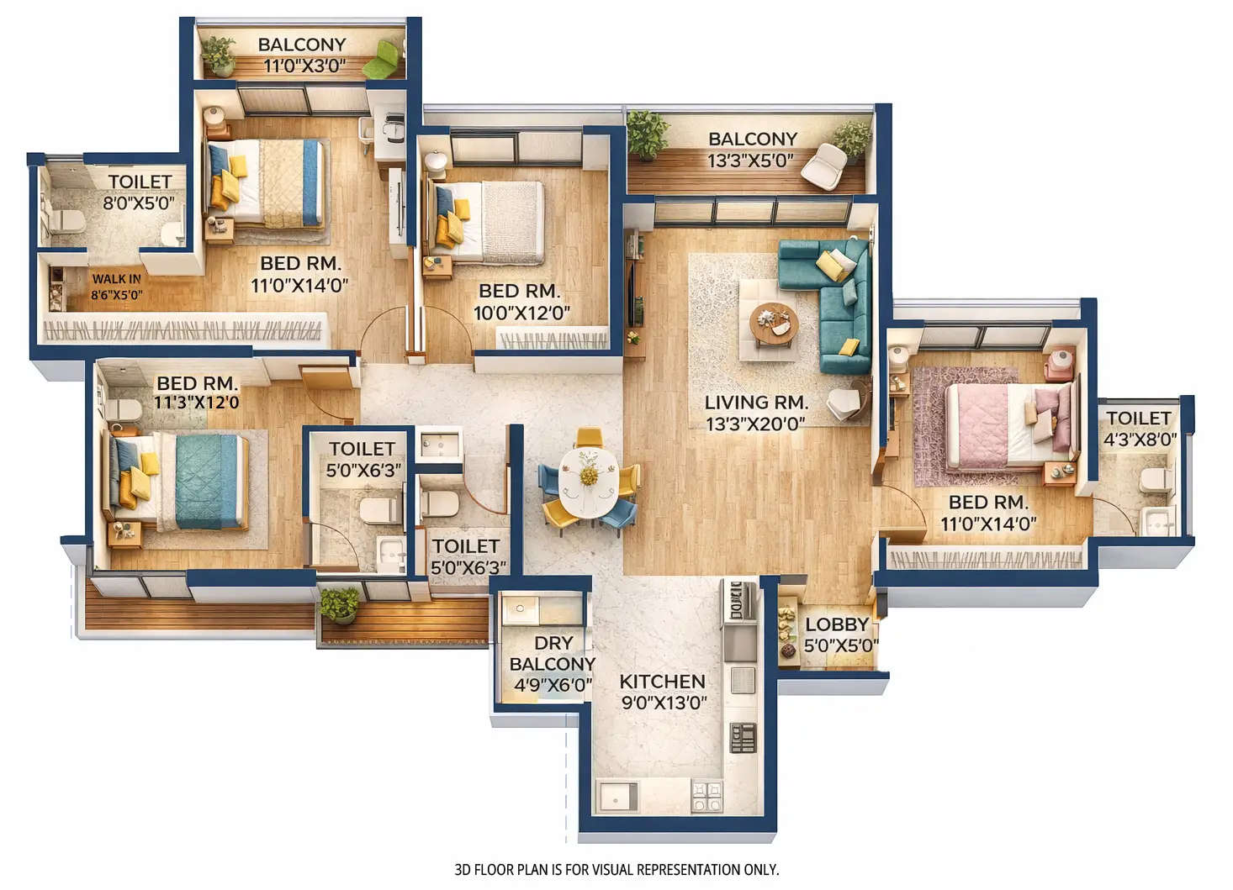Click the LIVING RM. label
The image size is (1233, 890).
755,403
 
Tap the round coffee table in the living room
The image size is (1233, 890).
773,324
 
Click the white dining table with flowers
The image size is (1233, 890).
589,482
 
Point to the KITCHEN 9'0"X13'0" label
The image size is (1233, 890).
663,692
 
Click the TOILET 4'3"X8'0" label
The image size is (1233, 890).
1139,429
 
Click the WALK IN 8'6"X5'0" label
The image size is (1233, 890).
116,287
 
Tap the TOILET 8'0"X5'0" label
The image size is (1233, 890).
140,192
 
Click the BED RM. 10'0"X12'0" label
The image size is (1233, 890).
520,302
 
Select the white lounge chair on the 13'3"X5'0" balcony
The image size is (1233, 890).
823,166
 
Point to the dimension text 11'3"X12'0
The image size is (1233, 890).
196,403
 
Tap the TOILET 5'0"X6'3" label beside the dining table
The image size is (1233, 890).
466,556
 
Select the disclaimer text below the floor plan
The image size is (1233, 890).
616,870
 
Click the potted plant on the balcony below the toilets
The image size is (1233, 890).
339,604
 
